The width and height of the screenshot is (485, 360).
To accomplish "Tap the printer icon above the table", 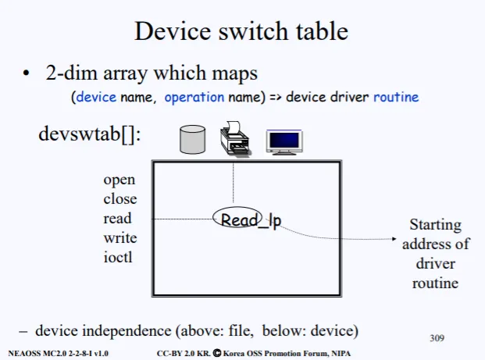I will tap(234, 139).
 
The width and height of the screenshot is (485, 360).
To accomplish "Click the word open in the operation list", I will tap(119, 180).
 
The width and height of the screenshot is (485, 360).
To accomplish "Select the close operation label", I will tap(119, 199).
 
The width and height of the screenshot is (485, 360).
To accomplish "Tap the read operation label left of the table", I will tap(117, 219).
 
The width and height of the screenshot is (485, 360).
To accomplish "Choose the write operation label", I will tap(119, 237).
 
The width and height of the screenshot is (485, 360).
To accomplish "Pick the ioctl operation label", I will tap(118, 256).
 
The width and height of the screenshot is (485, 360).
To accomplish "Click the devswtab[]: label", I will tap(90, 134).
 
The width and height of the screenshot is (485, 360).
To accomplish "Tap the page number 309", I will tap(437, 338).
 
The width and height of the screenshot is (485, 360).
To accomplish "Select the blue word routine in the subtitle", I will tap(396, 98).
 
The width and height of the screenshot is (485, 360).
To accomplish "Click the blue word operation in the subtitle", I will tap(193, 98).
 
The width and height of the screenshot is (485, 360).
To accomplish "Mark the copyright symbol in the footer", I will tap(216, 353).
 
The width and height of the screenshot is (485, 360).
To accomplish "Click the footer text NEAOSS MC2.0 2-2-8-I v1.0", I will tap(59, 354).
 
